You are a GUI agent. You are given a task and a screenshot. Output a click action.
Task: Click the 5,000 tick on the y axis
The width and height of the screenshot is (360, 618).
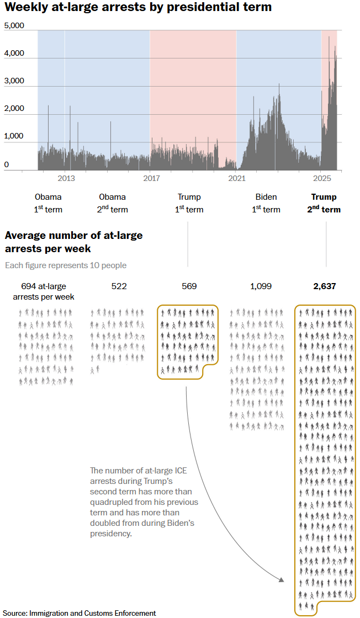tap(14, 26)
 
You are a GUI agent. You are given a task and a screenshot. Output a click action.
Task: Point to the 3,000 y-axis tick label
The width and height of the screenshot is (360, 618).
tap(14, 81)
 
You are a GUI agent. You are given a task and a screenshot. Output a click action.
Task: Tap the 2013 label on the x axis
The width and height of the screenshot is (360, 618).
tap(66, 178)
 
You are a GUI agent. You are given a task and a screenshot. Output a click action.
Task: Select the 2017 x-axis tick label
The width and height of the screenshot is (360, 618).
tap(151, 178)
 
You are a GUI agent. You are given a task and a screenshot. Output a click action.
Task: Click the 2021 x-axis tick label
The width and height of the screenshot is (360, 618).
tap(236, 178)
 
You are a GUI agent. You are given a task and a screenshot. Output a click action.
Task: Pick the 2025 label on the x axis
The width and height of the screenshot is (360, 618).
tap(321, 178)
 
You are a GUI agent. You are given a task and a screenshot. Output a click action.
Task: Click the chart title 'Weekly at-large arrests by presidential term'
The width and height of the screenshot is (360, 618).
tap(138, 7)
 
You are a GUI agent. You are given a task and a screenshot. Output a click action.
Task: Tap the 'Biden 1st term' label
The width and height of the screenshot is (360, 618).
tap(266, 203)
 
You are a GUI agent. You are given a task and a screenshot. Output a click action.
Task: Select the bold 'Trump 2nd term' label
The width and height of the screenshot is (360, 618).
tap(324, 203)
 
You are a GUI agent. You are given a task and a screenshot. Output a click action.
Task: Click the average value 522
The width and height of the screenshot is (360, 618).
tap(119, 286)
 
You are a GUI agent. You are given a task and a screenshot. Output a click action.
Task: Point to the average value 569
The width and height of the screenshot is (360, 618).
tap(189, 286)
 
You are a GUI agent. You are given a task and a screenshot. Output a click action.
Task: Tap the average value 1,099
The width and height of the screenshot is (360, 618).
tap(261, 286)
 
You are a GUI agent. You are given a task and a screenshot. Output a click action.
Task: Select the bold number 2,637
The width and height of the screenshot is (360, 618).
tap(324, 286)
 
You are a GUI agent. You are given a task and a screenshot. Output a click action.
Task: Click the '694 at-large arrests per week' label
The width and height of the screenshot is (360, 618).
tap(44, 291)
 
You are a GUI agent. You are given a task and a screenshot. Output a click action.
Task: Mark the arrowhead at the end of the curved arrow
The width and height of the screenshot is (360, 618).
tap(282, 579)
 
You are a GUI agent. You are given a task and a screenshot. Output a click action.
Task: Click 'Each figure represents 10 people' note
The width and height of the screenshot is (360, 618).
tap(66, 265)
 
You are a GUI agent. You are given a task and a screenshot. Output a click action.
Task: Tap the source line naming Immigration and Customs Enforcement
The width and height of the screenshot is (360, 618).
tap(80, 613)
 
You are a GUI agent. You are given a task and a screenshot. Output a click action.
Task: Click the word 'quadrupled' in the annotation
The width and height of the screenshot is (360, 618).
tap(110, 502)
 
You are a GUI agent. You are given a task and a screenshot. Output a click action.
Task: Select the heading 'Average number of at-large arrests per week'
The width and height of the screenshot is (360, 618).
tap(73, 242)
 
